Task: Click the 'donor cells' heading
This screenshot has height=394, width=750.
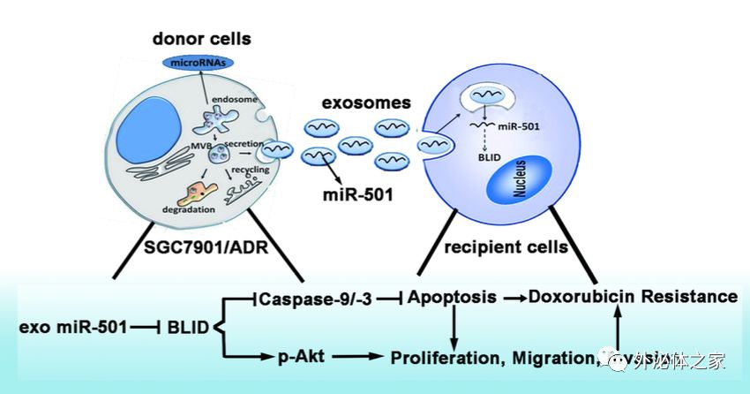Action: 201,39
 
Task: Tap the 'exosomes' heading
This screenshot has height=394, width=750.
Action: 366,102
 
